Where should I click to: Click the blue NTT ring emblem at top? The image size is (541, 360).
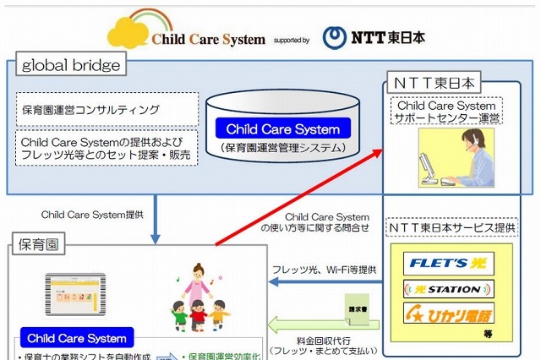coord(336,35)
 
